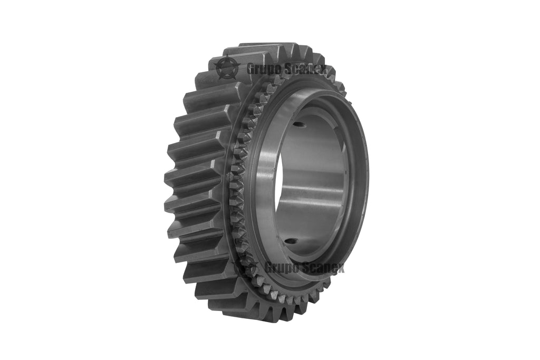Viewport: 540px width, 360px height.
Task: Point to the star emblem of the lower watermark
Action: tap(246, 267)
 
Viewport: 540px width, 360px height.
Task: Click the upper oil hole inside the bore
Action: tap(298, 125)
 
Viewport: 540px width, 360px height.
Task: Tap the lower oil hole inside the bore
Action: tap(291, 242)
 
